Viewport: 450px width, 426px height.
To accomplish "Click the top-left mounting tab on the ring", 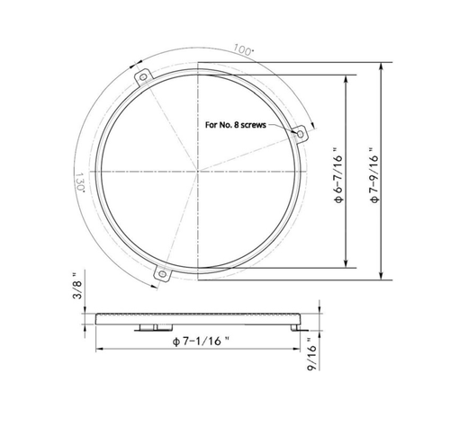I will coord(141,80).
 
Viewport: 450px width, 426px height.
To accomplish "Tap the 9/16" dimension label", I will coord(311,366).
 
